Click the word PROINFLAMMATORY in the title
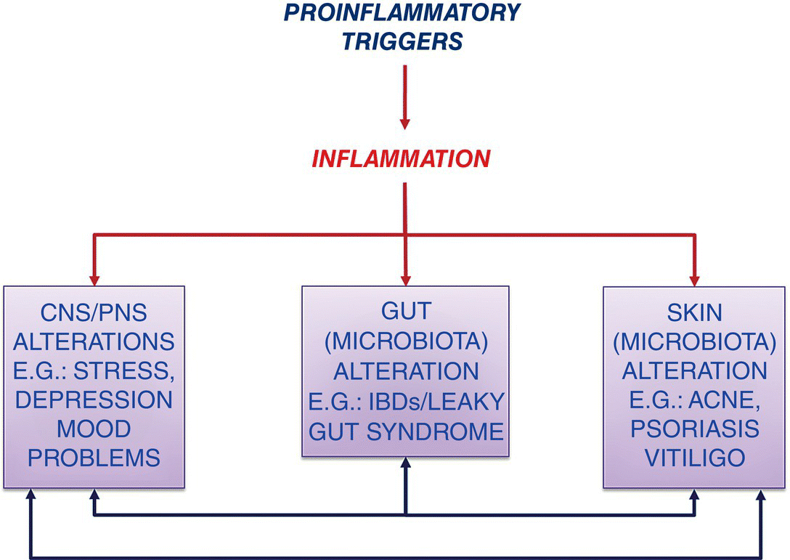point(402,12)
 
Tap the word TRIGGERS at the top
point(402,41)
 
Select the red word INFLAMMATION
point(401,159)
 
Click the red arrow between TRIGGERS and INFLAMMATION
point(404,97)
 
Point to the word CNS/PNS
point(94,313)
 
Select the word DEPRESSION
point(94,400)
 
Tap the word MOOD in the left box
point(94,429)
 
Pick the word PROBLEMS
point(94,458)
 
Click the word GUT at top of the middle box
point(406,311)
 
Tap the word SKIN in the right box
point(694,313)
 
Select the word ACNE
point(724,401)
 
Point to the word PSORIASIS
point(695,429)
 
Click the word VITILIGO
point(695,458)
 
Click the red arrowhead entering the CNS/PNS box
point(94,280)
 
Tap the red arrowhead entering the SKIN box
point(695,280)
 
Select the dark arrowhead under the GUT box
point(406,463)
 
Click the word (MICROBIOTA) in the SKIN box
point(695,342)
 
